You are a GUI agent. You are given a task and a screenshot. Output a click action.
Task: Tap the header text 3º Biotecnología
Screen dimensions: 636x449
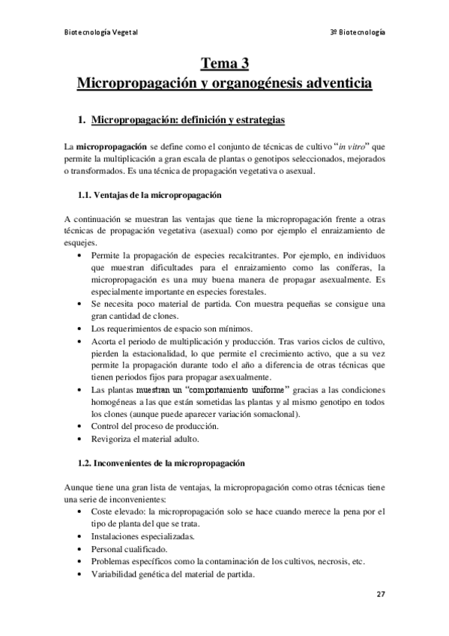pos(358,32)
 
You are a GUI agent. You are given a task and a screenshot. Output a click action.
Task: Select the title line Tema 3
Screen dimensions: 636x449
pos(224,62)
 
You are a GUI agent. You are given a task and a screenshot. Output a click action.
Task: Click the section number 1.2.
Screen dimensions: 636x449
pos(86,463)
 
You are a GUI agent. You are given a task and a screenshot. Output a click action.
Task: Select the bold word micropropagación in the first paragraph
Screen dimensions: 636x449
pos(111,146)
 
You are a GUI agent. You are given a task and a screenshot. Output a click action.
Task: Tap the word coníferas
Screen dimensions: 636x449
pos(349,267)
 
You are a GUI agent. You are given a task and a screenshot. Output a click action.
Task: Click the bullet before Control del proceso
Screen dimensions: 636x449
pos(81,426)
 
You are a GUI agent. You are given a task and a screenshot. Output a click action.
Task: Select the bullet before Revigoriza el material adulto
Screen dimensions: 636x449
pos(81,438)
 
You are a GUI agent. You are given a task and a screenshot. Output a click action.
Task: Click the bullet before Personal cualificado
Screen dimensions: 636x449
pos(81,548)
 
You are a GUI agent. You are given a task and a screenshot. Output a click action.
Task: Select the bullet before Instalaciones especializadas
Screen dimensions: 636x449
pos(81,536)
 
